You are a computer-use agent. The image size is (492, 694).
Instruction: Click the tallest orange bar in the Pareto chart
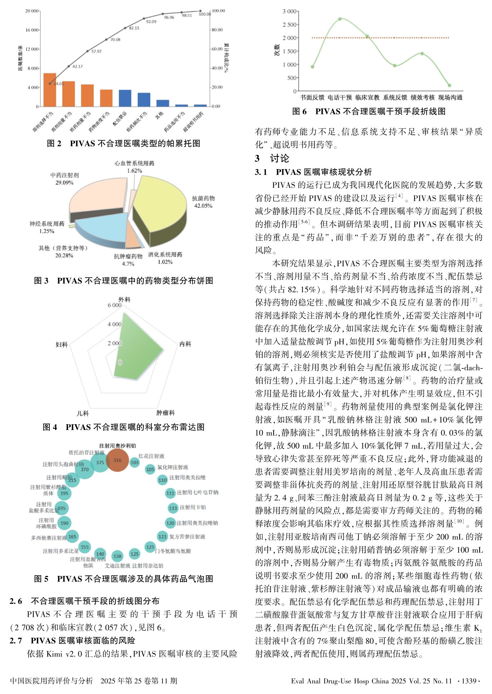click(x=50, y=90)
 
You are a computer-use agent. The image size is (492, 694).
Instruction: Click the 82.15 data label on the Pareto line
click(x=134, y=28)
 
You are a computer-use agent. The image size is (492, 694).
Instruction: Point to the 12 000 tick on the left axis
click(x=32, y=49)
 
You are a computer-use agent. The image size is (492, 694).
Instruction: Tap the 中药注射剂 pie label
click(x=64, y=175)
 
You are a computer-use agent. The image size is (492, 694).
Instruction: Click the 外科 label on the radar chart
click(x=125, y=299)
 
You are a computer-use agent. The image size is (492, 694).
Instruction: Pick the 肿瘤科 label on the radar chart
click(x=165, y=413)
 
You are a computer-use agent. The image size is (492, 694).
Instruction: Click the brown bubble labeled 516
click(x=117, y=460)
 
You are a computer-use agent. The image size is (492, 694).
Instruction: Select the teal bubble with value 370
click(x=84, y=469)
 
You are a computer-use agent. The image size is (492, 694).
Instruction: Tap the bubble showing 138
click(x=117, y=556)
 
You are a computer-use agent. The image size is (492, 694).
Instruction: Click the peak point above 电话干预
click(x=340, y=19)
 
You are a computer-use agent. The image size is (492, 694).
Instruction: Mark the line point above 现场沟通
click(x=449, y=85)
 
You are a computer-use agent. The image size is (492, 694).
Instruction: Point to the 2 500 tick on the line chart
click(x=289, y=25)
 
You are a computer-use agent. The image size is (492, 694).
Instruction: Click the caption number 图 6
click(x=299, y=112)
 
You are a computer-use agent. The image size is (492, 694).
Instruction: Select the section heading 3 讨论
click(x=272, y=158)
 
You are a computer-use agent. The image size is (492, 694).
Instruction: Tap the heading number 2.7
click(x=16, y=640)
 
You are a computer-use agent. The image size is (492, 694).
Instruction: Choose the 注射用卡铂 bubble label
click(x=193, y=507)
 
